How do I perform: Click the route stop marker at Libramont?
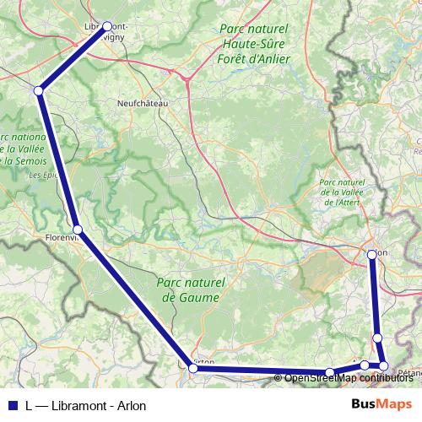[107, 26]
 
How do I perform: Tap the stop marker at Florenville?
[77, 230]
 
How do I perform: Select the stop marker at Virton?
[193, 368]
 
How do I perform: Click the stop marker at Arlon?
[372, 253]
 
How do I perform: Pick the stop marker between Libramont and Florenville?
[39, 90]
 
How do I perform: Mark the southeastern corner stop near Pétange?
[383, 365]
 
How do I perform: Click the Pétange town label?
[410, 372]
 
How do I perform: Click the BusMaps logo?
[381, 403]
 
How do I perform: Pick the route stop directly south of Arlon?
[377, 338]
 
